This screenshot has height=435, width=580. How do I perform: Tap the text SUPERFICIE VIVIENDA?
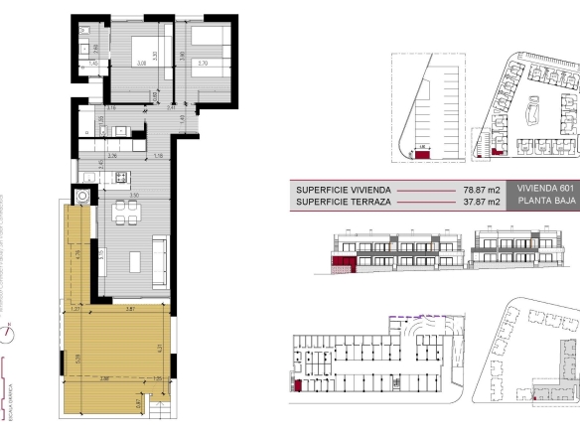pos(343,188)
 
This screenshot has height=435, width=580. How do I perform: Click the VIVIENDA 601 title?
pos(540,188)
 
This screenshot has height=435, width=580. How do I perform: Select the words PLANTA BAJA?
pos(540,202)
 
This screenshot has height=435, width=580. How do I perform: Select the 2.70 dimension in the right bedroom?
pos(203,64)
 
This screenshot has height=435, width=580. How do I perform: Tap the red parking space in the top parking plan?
pos(422,153)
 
